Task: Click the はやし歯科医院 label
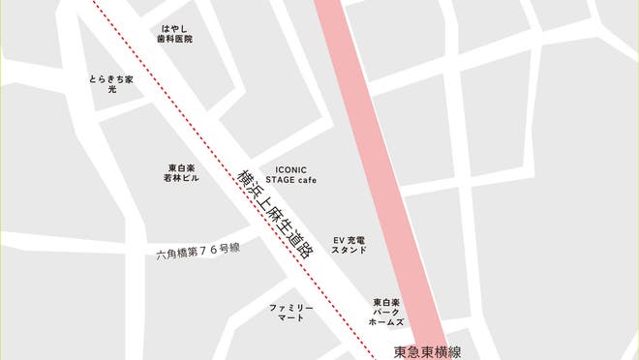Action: point(176,34)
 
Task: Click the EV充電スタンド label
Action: point(350,244)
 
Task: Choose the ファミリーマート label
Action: point(290,312)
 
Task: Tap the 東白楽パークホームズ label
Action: point(387,313)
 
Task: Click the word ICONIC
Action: point(289,167)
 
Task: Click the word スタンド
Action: point(350,250)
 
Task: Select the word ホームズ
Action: point(387,322)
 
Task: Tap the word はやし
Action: point(176,28)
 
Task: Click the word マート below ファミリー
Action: point(290,317)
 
